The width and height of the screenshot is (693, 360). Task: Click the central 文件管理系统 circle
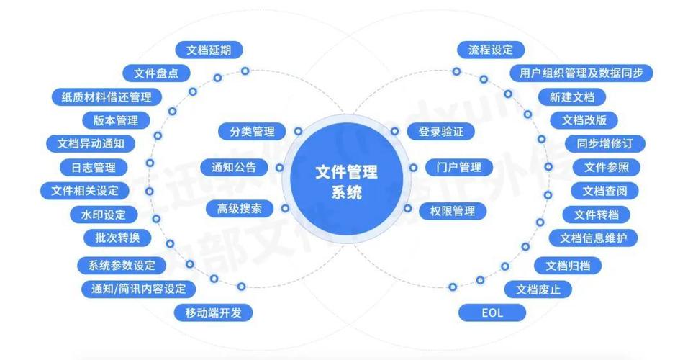click(x=347, y=181)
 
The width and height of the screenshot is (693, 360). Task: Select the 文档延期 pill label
click(x=209, y=50)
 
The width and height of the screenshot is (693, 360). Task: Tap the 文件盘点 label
click(x=156, y=73)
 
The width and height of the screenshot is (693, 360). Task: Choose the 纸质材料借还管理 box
click(x=106, y=97)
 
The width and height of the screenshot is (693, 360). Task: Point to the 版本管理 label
click(x=116, y=120)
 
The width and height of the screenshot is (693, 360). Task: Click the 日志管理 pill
click(x=94, y=168)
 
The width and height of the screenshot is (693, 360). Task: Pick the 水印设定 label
click(x=104, y=215)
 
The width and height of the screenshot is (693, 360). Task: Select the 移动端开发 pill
click(x=213, y=312)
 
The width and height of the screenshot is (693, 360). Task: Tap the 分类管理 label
click(x=252, y=131)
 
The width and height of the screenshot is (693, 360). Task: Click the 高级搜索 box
click(x=240, y=208)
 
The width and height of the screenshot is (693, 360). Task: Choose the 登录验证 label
click(x=440, y=131)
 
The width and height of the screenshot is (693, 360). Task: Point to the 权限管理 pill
click(x=453, y=211)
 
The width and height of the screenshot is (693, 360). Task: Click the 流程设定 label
click(x=491, y=50)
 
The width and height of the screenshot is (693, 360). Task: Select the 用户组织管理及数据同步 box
click(x=581, y=73)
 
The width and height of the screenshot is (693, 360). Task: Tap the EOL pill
click(x=492, y=312)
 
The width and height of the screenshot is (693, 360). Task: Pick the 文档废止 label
click(x=538, y=289)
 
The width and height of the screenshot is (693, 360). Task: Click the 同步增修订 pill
click(x=605, y=144)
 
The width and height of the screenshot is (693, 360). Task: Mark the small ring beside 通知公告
click(x=279, y=168)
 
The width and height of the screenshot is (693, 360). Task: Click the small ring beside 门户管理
click(x=413, y=168)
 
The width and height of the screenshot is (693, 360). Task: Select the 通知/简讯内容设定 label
click(x=138, y=289)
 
